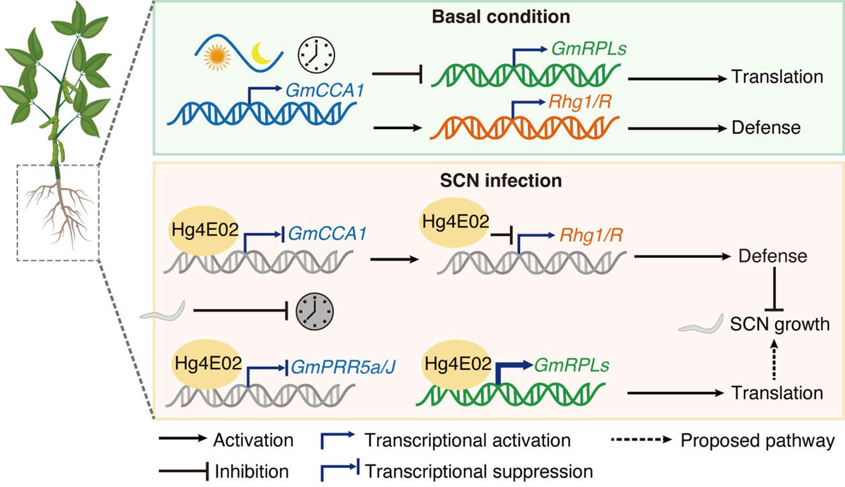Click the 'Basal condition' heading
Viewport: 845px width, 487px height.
pyautogui.click(x=501, y=17)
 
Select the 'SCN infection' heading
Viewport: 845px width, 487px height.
pyautogui.click(x=501, y=181)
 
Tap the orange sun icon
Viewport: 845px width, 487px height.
pyautogui.click(x=217, y=57)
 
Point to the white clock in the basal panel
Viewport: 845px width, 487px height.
pyautogui.click(x=316, y=55)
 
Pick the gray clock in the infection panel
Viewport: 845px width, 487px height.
pyautogui.click(x=315, y=312)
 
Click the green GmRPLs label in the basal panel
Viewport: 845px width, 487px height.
pyautogui.click(x=589, y=49)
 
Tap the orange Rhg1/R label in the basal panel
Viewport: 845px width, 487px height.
pyautogui.click(x=580, y=102)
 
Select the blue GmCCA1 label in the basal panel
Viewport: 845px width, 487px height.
pyautogui.click(x=325, y=91)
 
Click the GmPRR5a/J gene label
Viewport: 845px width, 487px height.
pyautogui.click(x=343, y=367)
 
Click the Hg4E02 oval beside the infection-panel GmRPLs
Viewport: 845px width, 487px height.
pyautogui.click(x=457, y=364)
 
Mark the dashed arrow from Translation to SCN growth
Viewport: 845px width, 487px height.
pyautogui.click(x=774, y=359)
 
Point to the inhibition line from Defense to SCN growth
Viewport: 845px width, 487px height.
pyautogui.click(x=774, y=289)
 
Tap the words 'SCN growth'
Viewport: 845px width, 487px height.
pyautogui.click(x=780, y=324)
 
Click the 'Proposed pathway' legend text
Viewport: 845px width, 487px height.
pyautogui.click(x=758, y=440)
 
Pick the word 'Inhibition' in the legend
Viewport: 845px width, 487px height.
pyautogui.click(x=252, y=471)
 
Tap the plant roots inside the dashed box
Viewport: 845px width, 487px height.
pyautogui.click(x=59, y=211)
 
